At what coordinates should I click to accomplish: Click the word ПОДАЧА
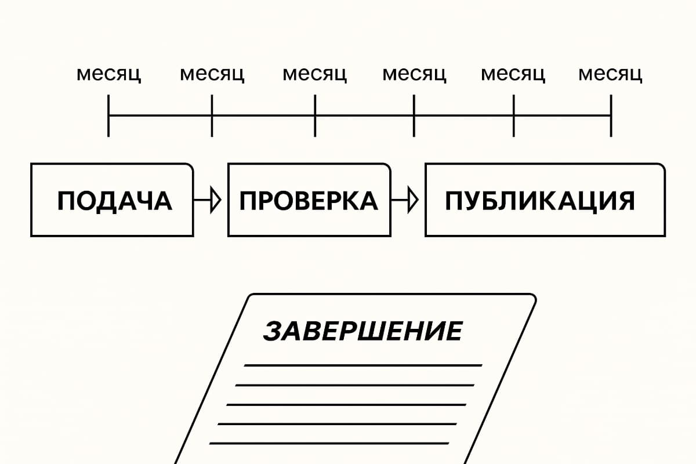(x=114, y=201)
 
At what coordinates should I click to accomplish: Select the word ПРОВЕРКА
(x=309, y=201)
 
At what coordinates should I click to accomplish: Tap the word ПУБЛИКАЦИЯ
(x=539, y=201)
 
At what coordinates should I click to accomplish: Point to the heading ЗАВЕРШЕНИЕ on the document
(x=362, y=331)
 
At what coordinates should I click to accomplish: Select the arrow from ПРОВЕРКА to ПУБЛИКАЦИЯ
(x=407, y=200)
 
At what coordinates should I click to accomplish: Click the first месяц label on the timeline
(x=108, y=75)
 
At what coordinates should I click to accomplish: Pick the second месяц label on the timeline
(x=212, y=75)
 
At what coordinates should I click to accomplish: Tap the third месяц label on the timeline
(x=314, y=75)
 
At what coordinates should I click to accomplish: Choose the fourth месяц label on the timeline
(x=414, y=75)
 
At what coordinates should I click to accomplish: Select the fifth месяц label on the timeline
(x=513, y=75)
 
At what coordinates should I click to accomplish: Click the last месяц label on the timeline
(x=610, y=75)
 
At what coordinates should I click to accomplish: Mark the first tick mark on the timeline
(x=108, y=115)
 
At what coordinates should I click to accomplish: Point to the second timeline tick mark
(x=212, y=115)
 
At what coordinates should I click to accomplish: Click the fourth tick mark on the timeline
(x=414, y=115)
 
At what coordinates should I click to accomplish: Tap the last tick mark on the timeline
(x=611, y=115)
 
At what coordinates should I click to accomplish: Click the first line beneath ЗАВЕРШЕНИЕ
(x=362, y=365)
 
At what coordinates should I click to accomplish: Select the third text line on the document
(x=346, y=404)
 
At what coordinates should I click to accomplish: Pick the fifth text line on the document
(x=329, y=444)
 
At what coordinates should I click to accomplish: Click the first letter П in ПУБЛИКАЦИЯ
(x=454, y=201)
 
